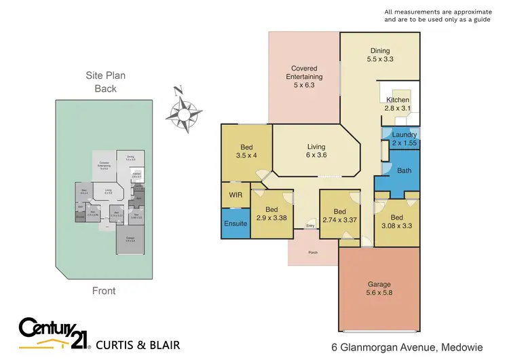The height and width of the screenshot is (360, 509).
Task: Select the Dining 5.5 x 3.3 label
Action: click(x=381, y=54)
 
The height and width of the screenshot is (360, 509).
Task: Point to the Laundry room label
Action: click(x=404, y=139)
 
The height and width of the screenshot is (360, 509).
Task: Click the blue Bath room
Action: click(x=404, y=170)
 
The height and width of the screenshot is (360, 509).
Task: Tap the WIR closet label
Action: click(x=235, y=195)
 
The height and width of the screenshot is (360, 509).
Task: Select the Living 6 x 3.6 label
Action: click(x=316, y=151)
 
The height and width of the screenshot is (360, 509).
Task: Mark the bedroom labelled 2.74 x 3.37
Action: click(x=342, y=217)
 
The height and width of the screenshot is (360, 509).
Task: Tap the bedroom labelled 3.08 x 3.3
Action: click(x=397, y=222)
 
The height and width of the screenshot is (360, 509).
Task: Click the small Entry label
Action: click(x=311, y=226)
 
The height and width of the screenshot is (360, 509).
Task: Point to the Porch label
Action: click(x=313, y=253)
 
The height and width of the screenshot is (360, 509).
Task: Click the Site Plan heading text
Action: click(x=105, y=76)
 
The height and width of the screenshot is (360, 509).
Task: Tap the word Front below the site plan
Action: click(x=104, y=291)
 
